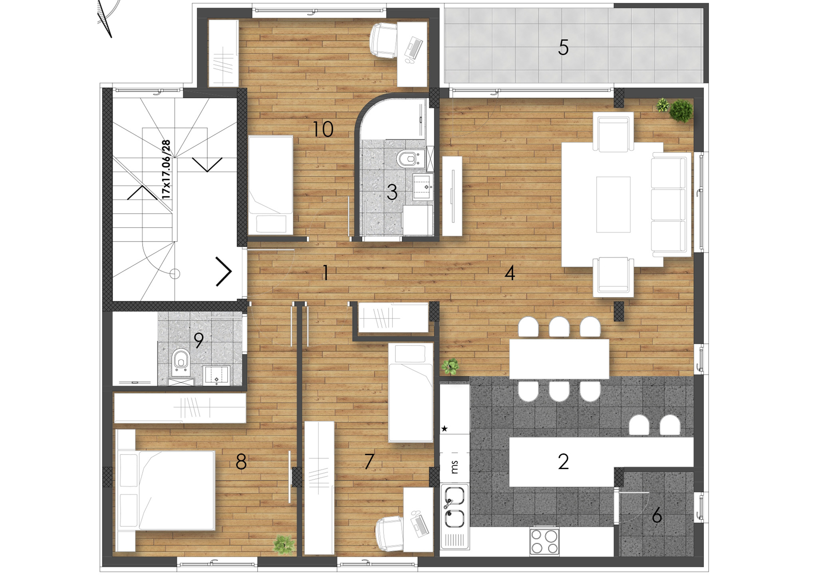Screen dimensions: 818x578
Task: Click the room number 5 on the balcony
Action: pos(563,48)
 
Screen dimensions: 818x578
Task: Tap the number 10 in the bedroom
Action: pos(323,129)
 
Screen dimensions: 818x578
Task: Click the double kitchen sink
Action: pos(455,506)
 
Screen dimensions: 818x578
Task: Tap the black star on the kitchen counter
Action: pos(444,429)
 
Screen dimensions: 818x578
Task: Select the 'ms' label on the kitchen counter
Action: pos(455,466)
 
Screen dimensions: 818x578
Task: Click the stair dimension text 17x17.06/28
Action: pos(166,170)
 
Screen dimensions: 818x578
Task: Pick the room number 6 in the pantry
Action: pos(657,516)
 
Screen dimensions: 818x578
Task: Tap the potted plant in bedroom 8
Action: pos(284,544)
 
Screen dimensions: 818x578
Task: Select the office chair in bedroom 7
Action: pos(390,533)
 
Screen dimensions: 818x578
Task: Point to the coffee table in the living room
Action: pos(613,204)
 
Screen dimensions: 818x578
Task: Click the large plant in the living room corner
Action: pos(681,110)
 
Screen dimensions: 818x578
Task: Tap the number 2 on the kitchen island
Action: pos(563,461)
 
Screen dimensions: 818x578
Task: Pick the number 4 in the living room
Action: pos(510,273)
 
